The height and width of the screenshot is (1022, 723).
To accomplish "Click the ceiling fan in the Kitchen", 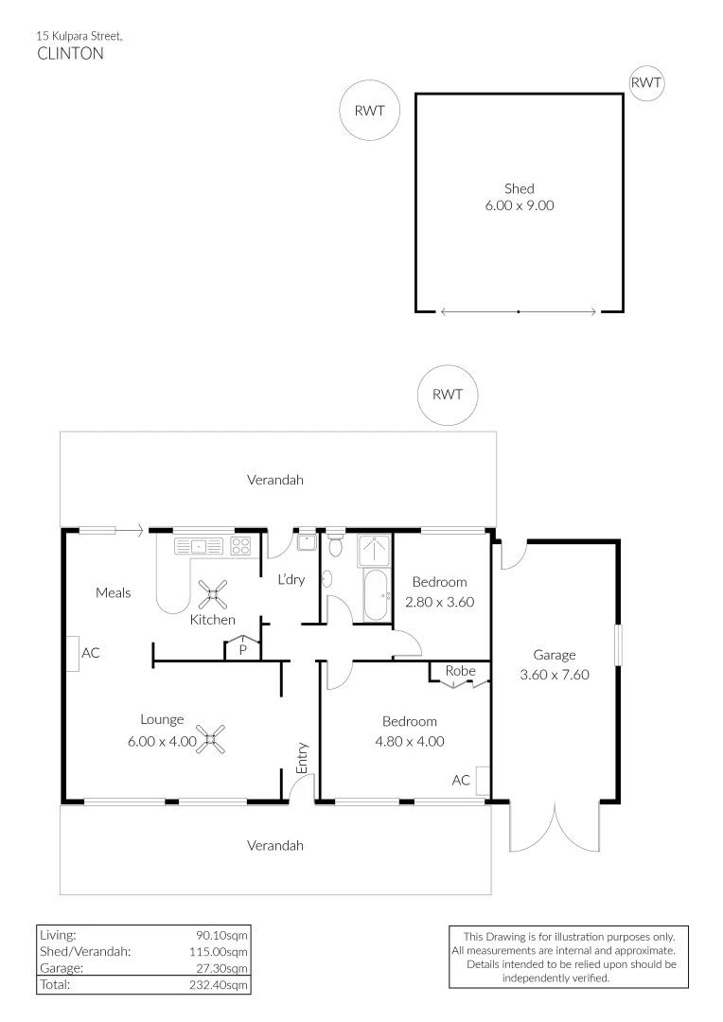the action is pos(213,594).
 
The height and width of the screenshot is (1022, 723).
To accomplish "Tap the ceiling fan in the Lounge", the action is pos(211,739).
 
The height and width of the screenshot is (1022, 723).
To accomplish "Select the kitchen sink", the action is pos(199,546).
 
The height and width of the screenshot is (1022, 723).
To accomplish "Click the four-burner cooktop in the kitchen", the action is pos(240,546).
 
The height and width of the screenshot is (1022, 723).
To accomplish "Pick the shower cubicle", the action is pos(374,551).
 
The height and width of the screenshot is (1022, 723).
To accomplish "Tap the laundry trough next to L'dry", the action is pos(306,542).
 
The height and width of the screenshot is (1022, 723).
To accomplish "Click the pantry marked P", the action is pos(242,648).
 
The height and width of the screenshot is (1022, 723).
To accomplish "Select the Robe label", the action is pos(460,671).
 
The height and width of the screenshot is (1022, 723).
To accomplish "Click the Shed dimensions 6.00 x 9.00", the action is pos(520,205).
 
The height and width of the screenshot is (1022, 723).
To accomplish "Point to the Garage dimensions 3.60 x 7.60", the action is pos(555,675).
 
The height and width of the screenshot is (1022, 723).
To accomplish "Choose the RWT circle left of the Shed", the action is pos(370,110).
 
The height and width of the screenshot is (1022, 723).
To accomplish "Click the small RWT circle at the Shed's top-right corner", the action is pos(646,82).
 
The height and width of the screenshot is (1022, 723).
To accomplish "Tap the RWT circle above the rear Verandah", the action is pos(448,395).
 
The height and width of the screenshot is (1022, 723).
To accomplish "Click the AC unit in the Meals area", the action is pos(72,653).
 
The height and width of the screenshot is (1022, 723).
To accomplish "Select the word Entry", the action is pos(302,758).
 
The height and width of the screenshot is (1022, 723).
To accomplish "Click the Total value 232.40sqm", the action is pos(219,985).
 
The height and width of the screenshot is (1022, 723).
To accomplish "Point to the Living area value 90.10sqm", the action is pos(221,935).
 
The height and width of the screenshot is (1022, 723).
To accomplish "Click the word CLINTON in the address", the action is pos(70,53).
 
